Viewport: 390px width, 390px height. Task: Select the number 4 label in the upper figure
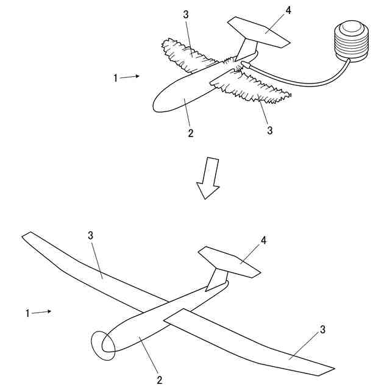pos(272,10)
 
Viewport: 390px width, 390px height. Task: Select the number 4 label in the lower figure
pos(264,241)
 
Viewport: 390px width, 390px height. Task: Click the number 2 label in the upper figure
pos(190,133)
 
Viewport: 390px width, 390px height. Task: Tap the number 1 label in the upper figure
pos(115,78)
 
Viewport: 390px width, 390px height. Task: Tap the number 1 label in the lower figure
pos(27,313)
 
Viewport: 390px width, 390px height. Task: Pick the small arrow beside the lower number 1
pos(41,312)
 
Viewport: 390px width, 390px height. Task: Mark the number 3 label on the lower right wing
pos(323,330)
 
